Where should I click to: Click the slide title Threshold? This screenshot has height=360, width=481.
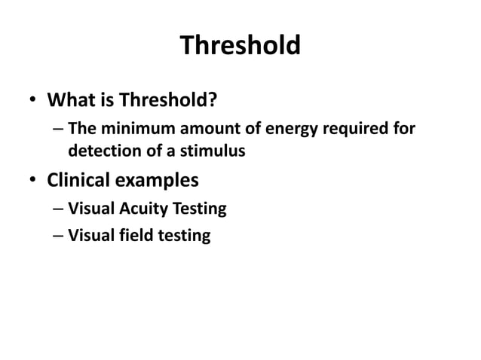point(240,46)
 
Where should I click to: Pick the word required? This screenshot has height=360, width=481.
point(357,129)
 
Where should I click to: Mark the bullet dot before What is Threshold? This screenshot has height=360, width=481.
point(33,101)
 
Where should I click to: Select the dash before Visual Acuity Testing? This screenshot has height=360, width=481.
point(58,208)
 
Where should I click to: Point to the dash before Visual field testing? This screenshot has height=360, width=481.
point(58,236)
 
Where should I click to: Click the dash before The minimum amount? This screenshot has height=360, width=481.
point(58,130)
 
